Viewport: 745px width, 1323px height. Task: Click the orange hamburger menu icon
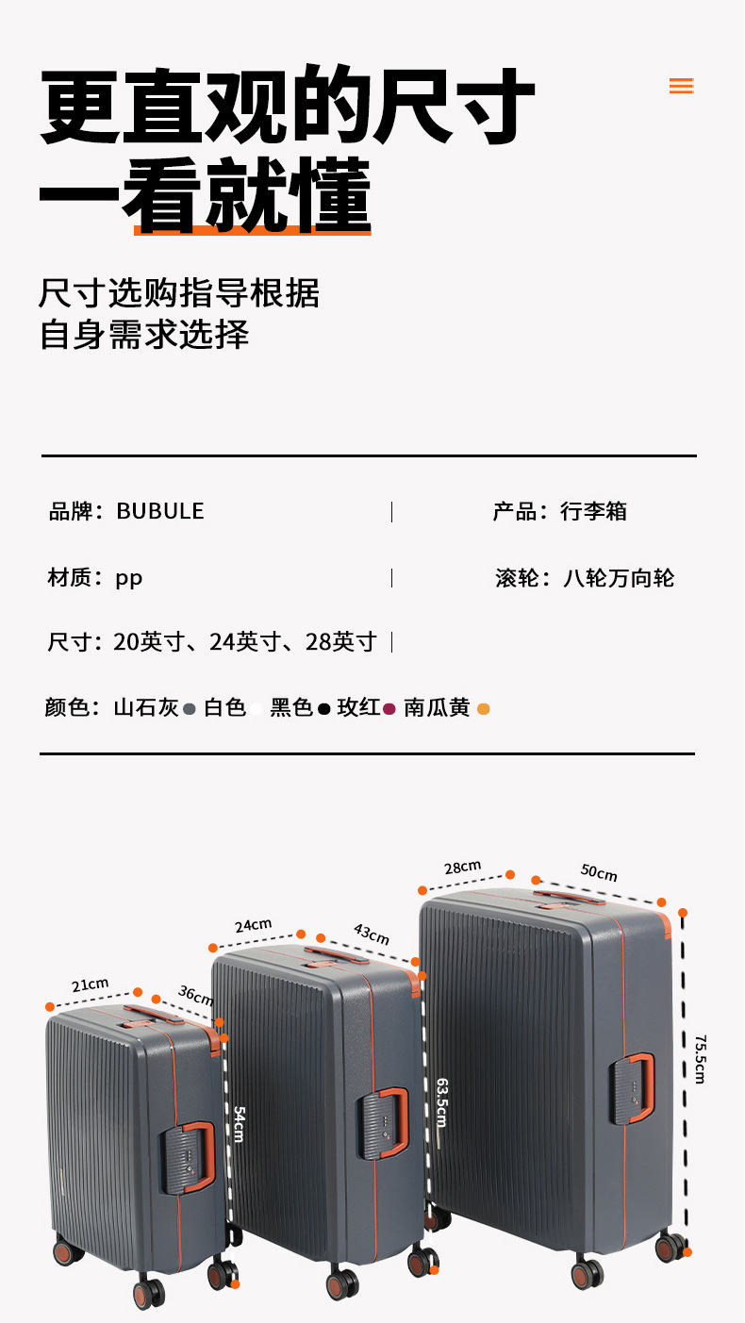point(681,86)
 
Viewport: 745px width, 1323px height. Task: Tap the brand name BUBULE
point(159,511)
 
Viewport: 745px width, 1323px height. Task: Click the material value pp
point(129,577)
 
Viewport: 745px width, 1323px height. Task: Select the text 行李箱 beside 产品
point(593,511)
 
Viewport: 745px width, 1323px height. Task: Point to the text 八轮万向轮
point(619,577)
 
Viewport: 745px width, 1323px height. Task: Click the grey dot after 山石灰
point(190,708)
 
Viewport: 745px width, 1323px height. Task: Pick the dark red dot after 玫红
point(389,708)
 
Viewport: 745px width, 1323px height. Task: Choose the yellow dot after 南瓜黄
point(484,708)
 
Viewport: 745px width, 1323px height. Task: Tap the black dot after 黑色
point(323,708)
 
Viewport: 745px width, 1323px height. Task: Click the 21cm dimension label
point(91,984)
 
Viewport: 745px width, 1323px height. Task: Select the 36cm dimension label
point(195,996)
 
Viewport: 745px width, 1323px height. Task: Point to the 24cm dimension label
point(253,925)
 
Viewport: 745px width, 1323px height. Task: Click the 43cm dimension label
point(371,934)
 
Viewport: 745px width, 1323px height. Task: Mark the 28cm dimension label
point(463,867)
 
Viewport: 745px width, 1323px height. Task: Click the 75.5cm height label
point(700,1059)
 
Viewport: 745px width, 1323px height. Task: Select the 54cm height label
point(239,1124)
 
